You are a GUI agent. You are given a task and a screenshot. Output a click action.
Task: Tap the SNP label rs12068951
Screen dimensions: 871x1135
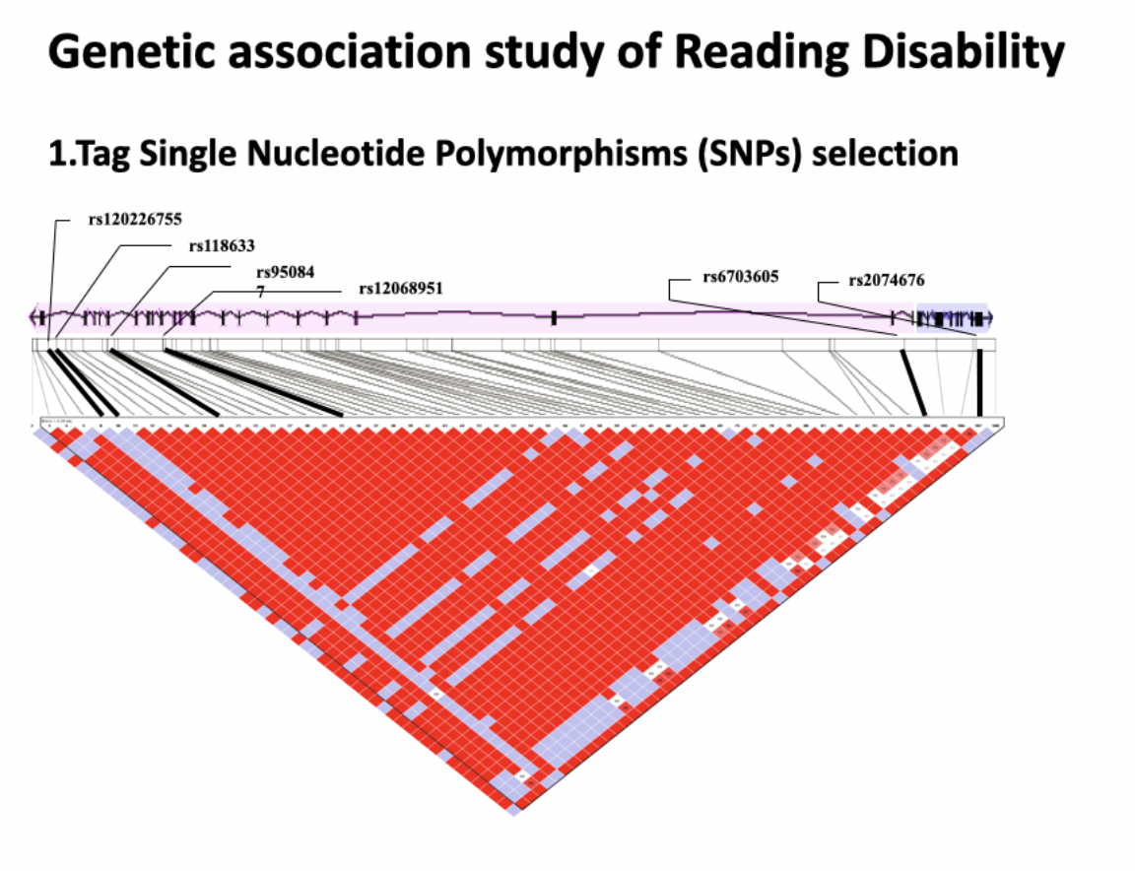(401, 289)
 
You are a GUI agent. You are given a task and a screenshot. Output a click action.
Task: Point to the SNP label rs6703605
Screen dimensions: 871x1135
(741, 277)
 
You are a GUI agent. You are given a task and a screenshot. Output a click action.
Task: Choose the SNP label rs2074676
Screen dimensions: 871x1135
(886, 280)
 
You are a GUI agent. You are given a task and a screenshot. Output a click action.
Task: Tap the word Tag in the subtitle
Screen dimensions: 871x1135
(92, 155)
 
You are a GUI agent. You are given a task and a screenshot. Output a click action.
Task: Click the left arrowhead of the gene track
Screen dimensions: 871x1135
(34, 317)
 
